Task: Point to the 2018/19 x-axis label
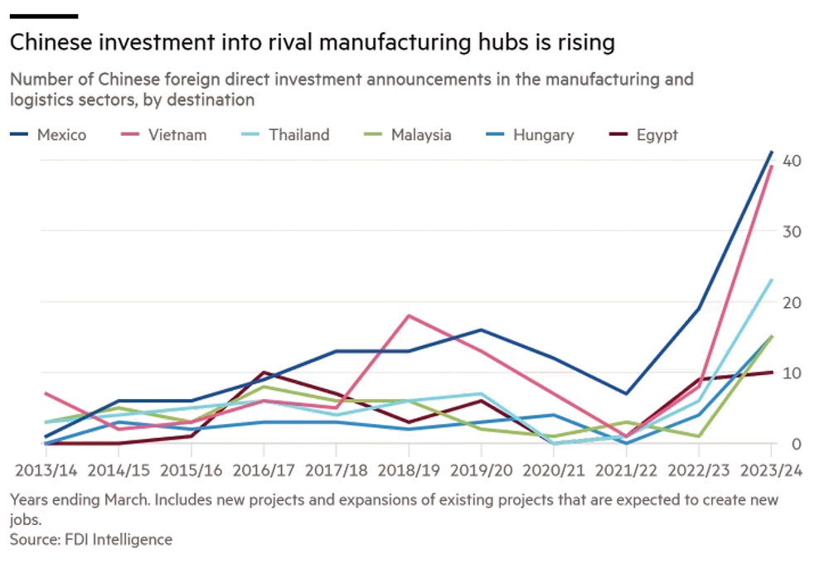[x=409, y=469]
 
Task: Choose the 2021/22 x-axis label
[x=626, y=469]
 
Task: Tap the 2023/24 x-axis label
[x=771, y=469]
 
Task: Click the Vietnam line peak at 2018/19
[x=409, y=315]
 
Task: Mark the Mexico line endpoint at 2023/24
[x=771, y=152]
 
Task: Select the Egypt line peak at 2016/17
[x=264, y=373]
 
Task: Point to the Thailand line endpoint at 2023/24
[x=771, y=280]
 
